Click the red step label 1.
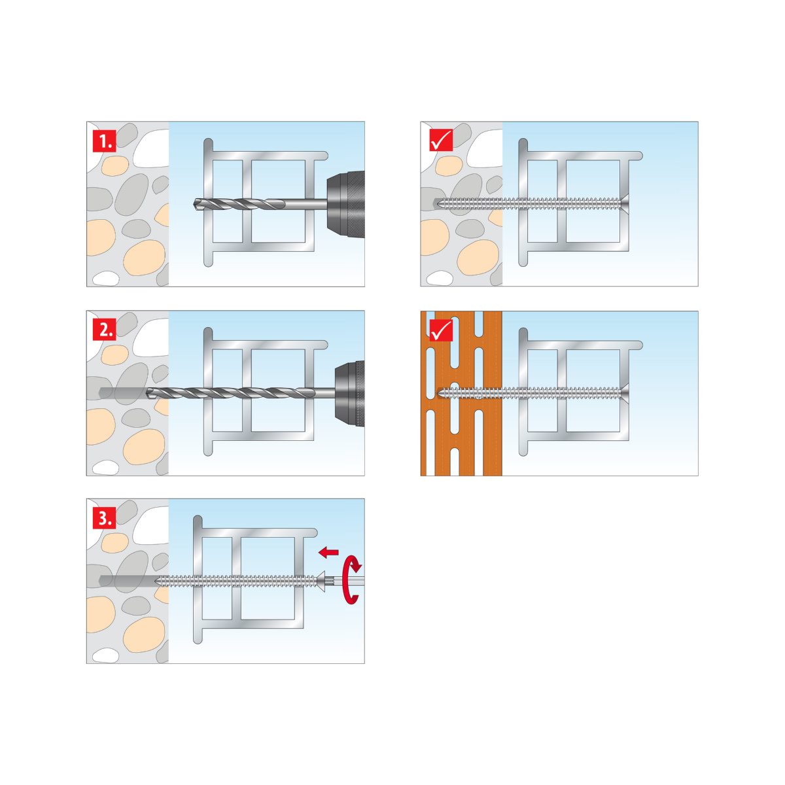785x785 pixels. tap(104, 141)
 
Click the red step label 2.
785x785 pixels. tap(104, 329)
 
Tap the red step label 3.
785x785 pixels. tap(104, 517)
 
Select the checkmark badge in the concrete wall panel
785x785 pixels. tap(441, 141)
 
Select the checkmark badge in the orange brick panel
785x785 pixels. tap(441, 330)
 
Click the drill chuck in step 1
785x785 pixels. tap(346, 204)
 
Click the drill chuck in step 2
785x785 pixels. tap(349, 393)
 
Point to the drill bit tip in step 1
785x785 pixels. tap(195, 204)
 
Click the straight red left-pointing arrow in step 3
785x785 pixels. tap(328, 552)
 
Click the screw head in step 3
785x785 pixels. tap(321, 582)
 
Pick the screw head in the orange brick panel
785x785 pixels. tap(625, 393)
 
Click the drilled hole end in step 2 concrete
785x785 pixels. tap(100, 393)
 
